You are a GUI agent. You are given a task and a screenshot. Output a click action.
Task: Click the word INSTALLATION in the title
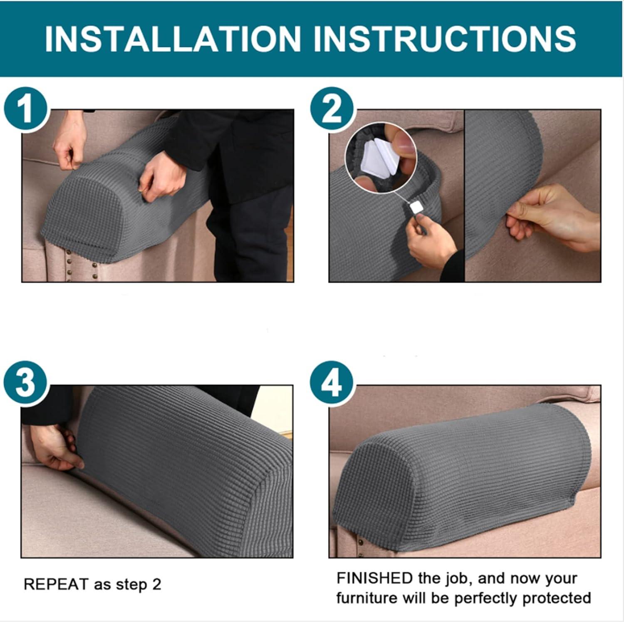[172, 39]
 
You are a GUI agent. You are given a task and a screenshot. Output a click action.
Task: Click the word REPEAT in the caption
[56, 584]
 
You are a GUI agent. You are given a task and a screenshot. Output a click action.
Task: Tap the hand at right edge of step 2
[553, 218]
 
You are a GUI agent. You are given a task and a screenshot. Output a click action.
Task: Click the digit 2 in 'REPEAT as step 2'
[156, 584]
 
